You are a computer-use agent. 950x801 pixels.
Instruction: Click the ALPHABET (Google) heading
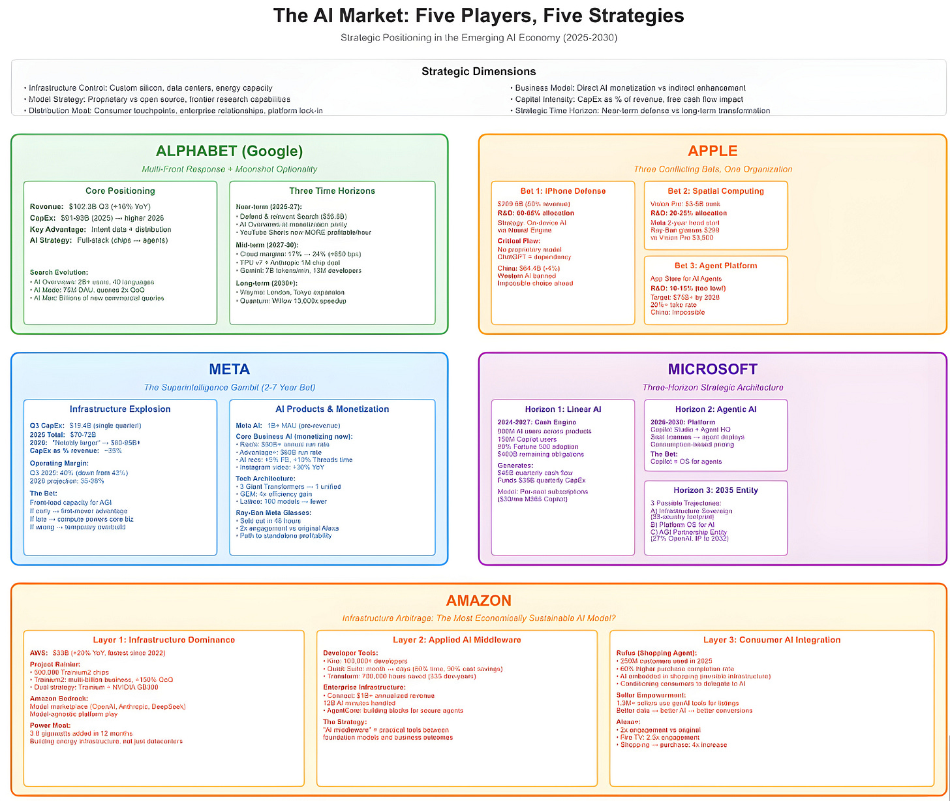click(229, 151)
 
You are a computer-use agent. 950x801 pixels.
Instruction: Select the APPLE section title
click(712, 151)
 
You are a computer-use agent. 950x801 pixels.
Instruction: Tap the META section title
click(229, 369)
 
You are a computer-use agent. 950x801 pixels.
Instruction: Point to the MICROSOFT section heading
click(712, 369)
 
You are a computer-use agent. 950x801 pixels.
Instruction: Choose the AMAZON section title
click(478, 601)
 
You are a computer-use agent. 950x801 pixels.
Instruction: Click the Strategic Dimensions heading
click(478, 71)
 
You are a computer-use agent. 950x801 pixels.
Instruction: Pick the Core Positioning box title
click(120, 191)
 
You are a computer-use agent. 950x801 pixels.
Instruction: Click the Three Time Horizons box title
click(332, 191)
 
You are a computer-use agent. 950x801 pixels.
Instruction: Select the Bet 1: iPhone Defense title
click(562, 191)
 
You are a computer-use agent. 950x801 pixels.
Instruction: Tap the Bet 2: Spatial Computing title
click(715, 191)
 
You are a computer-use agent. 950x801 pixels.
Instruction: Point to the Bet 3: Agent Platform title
click(715, 266)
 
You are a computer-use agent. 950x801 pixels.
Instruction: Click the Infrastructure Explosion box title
click(120, 409)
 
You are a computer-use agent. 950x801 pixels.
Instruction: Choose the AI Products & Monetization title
click(332, 409)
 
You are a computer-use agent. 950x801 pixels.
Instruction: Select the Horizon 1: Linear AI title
click(562, 409)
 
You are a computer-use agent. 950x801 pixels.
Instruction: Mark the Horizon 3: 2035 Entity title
click(715, 490)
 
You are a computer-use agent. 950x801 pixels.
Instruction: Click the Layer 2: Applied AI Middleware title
click(457, 640)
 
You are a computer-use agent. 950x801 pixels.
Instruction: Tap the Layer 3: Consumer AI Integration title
click(772, 640)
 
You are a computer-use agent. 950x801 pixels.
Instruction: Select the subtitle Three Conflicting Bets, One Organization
click(712, 169)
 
